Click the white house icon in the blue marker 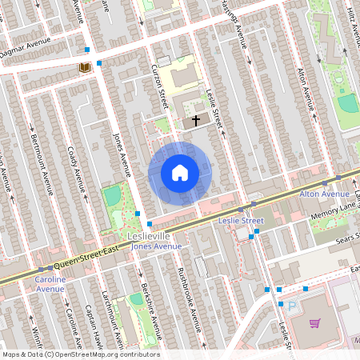coord(180,173)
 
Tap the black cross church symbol coord(196,122)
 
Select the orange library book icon coord(83,68)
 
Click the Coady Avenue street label coord(78,170)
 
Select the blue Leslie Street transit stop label coord(241,220)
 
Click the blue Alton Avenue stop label coord(324,194)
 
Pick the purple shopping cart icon coord(314,323)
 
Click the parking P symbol coord(291,306)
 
